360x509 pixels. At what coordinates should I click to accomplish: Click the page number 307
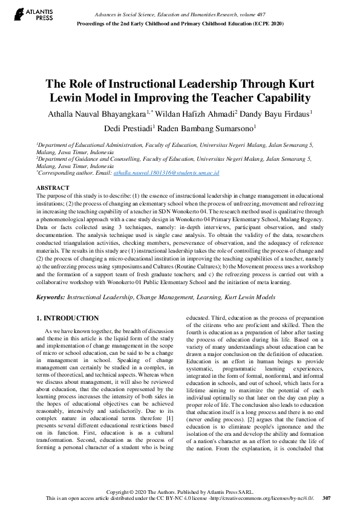[326, 498]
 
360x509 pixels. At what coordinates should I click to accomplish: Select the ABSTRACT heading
[53, 188]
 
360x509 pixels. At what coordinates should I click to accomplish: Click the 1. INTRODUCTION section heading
[67, 318]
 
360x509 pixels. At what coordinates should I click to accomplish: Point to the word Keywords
[50, 297]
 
